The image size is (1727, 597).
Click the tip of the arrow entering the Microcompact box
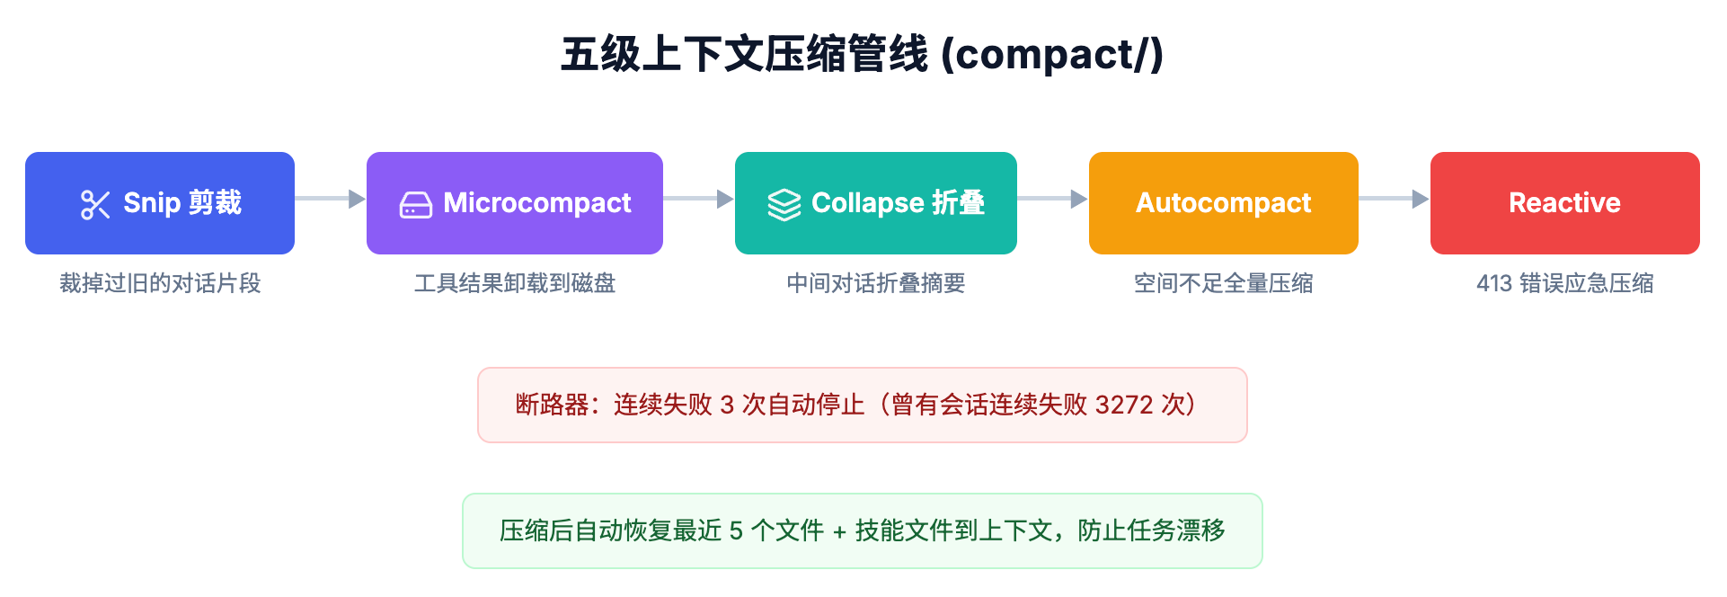click(366, 199)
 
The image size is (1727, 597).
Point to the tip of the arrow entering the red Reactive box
click(1430, 199)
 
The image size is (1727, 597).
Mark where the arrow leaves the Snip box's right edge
click(296, 199)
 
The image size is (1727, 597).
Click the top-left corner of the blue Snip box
click(26, 153)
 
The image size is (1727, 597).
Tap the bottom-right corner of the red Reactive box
click(1699, 254)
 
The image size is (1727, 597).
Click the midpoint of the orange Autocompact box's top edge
click(1224, 153)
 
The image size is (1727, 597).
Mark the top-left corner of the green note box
click(464, 494)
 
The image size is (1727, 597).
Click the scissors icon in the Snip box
click(95, 204)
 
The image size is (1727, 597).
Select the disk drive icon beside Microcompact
click(416, 205)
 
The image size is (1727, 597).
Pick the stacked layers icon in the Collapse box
click(784, 205)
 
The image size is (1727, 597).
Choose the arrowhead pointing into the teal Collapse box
click(726, 199)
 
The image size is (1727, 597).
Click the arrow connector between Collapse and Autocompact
click(1053, 199)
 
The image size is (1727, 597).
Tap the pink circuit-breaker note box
click(863, 405)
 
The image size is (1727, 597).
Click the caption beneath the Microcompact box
click(515, 283)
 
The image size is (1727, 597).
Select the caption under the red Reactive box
click(1565, 283)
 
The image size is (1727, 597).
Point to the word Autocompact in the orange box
click(1224, 203)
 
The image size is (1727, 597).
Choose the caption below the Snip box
click(160, 283)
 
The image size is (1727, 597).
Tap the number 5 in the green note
click(736, 530)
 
